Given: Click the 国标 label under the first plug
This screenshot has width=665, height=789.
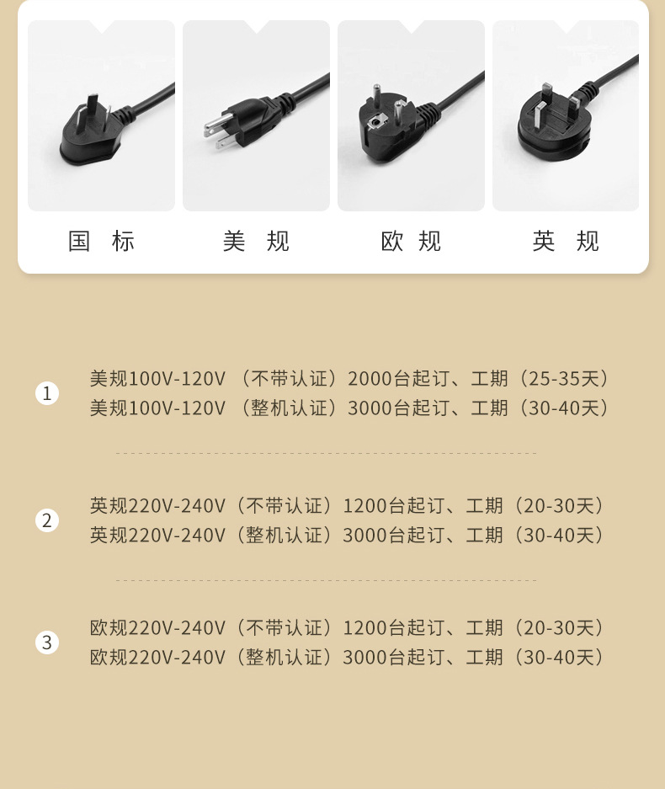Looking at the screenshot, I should point(101,242).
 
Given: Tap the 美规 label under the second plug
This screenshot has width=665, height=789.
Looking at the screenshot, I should point(256,242).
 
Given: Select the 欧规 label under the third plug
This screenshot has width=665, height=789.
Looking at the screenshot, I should point(411,242).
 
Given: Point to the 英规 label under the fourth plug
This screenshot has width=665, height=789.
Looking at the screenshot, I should point(566,242).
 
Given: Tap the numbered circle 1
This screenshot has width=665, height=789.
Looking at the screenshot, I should point(47,393).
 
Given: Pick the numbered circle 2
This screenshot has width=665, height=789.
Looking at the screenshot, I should point(47,520).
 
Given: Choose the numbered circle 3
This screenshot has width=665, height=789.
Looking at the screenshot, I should point(47,643).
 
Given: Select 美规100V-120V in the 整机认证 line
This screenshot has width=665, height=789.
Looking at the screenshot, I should point(157,408).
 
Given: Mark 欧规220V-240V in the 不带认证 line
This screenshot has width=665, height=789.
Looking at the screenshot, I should point(157,628).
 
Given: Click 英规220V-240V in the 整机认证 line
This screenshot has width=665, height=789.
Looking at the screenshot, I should point(157,536).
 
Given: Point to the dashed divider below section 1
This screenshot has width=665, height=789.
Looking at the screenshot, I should point(326,453).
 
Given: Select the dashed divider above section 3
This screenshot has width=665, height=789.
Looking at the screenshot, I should point(326,580).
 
